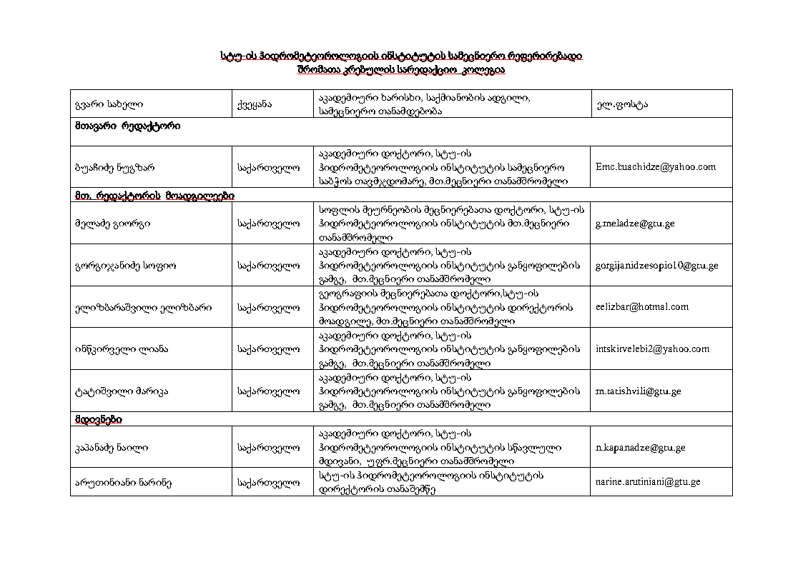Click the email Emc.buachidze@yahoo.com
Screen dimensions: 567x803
click(x=655, y=167)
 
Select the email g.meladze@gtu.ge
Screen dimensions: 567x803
click(x=634, y=224)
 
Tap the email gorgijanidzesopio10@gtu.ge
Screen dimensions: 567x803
click(x=656, y=266)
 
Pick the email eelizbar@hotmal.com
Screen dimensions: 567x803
click(x=641, y=307)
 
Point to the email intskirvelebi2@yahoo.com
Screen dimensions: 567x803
click(x=652, y=349)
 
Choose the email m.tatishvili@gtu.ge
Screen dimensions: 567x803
click(x=638, y=391)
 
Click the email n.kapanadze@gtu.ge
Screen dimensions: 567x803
click(x=640, y=448)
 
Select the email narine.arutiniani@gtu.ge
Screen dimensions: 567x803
click(x=647, y=482)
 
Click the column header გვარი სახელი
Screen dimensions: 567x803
click(x=102, y=104)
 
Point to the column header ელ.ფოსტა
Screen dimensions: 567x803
click(x=621, y=104)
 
